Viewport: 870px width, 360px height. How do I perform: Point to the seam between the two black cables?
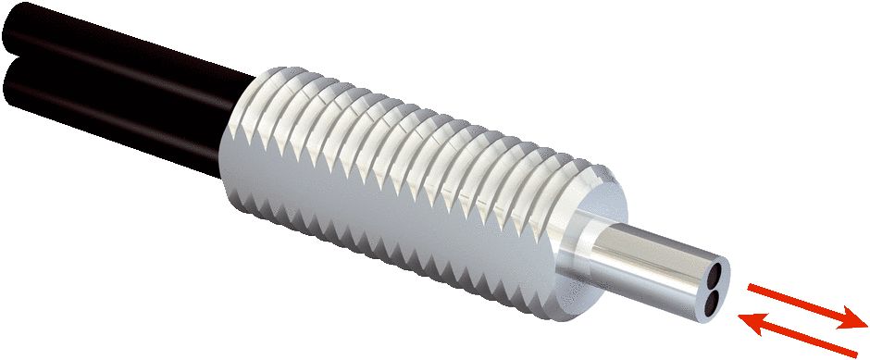(x=111, y=69)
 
